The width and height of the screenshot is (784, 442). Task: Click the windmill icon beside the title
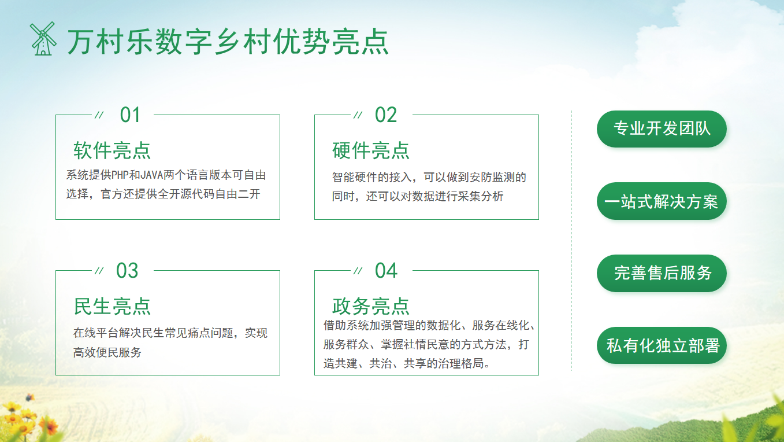(43, 39)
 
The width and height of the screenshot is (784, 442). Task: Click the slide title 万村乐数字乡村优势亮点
(228, 42)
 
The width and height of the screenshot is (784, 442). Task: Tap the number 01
(130, 115)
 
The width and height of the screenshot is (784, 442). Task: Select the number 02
(386, 115)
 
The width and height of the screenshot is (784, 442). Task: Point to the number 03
(127, 271)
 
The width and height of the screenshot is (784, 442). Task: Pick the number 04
(386, 271)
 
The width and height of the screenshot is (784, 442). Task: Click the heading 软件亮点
(112, 150)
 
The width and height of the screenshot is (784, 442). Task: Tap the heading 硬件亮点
(371, 150)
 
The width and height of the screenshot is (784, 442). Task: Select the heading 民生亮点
(112, 306)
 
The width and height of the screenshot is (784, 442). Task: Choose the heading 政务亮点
(371, 306)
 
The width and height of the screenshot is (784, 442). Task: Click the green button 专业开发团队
(662, 128)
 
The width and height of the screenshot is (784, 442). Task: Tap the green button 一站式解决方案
(662, 201)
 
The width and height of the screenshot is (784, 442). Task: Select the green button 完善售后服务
(662, 273)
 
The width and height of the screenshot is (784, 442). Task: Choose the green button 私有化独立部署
(662, 346)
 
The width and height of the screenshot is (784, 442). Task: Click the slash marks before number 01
(99, 115)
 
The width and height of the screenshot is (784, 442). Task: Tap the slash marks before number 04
(358, 271)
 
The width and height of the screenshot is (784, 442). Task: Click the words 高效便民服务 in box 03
(107, 352)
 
